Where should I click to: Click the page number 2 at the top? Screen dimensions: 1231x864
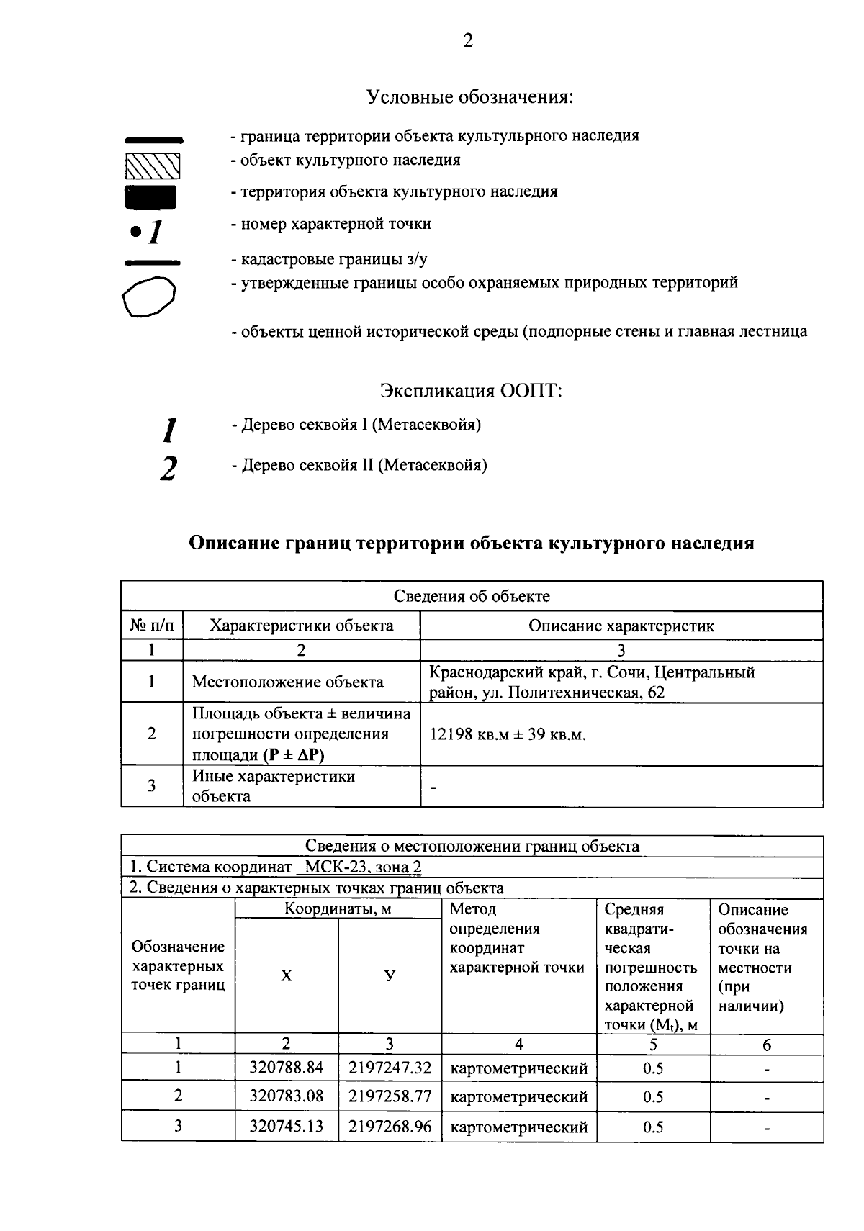click(468, 41)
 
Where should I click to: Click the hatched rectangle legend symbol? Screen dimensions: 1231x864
click(152, 166)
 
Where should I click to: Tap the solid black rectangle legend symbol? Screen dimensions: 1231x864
click(150, 197)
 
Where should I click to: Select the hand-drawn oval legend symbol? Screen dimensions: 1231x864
click(149, 297)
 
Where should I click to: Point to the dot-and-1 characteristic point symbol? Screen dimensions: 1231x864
click(148, 232)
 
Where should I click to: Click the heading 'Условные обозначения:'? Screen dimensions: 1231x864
click(470, 96)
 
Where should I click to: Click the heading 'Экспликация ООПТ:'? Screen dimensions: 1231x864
click(471, 391)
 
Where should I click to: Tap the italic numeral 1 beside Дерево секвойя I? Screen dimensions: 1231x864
click(169, 430)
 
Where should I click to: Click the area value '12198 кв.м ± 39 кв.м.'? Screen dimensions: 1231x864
click(508, 735)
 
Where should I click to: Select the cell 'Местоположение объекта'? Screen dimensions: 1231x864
click(287, 682)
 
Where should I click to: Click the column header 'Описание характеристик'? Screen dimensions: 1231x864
click(621, 626)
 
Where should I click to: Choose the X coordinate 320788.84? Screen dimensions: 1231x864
click(287, 1068)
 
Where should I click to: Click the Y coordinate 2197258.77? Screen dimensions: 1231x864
click(390, 1096)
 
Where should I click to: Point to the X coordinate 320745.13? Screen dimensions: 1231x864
click(287, 1126)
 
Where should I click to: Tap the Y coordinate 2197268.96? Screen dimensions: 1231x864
click(390, 1126)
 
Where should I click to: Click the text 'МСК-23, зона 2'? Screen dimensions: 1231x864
click(363, 867)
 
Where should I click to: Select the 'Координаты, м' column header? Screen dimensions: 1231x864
click(338, 908)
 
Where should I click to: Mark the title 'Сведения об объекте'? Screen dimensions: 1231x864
click(472, 596)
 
